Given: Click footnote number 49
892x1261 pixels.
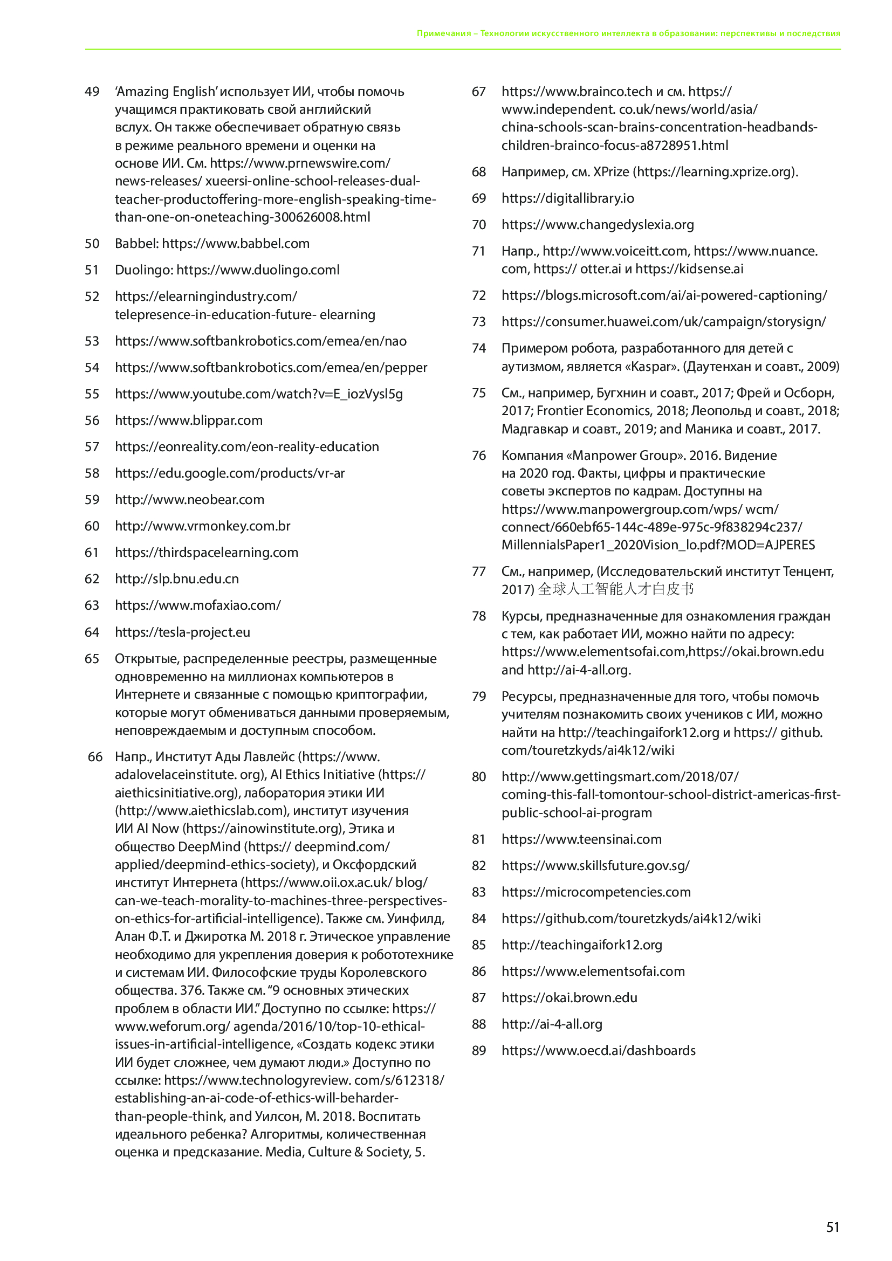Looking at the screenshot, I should pos(92,92).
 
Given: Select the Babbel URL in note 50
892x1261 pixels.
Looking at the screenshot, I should pos(236,243).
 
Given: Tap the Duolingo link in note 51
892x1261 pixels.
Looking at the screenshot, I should pos(258,270).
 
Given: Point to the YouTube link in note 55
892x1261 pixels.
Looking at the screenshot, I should pos(259,394).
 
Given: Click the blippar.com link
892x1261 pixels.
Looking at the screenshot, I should pos(188,420).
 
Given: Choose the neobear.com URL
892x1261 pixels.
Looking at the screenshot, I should pos(189,499).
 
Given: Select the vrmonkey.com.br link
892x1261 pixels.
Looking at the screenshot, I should pos(203,526).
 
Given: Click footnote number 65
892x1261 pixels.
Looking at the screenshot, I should pos(92,658).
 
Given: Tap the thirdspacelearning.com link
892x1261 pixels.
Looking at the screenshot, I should pos(207,552).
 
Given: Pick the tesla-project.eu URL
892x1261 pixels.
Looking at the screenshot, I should pos(182,632).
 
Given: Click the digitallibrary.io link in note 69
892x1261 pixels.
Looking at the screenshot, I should pos(567,198).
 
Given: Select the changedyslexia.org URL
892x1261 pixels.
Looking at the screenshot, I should pos(598,224).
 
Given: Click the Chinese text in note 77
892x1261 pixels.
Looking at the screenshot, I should pos(616,589).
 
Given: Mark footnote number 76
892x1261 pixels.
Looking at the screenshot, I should pos(479,456).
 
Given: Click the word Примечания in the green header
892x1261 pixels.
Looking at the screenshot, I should pos(443,33).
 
